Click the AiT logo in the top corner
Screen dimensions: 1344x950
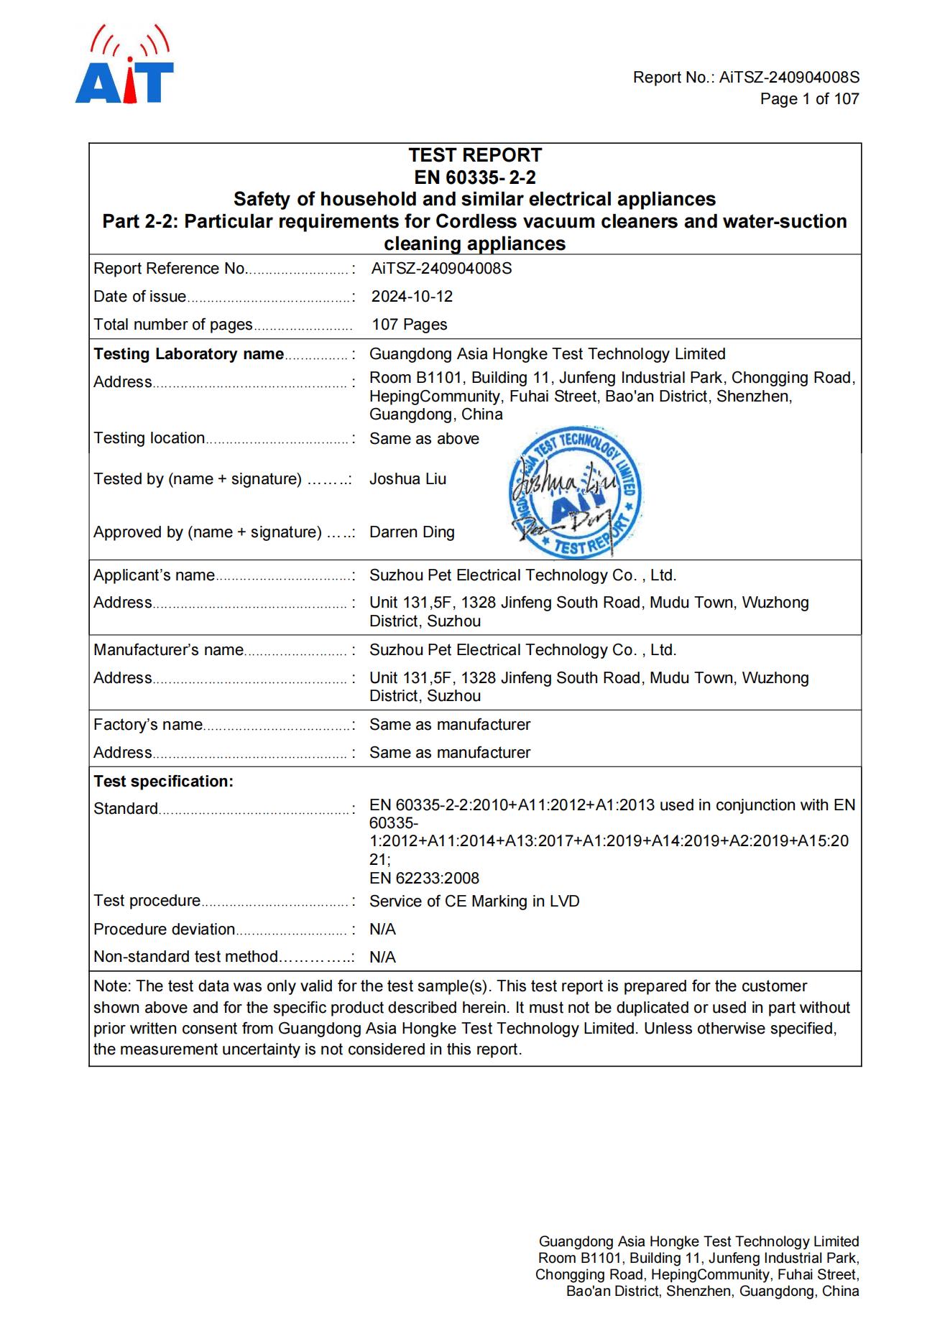click(x=124, y=66)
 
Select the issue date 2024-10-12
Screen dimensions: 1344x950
click(x=412, y=297)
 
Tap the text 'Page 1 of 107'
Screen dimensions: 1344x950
click(x=809, y=99)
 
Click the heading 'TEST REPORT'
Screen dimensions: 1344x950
click(x=475, y=155)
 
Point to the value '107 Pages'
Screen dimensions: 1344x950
click(x=409, y=325)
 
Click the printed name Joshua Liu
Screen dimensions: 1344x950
click(x=407, y=479)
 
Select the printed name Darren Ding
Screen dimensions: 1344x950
click(x=412, y=532)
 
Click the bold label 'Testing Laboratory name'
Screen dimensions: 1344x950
click(x=188, y=354)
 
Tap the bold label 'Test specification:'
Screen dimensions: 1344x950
click(x=163, y=782)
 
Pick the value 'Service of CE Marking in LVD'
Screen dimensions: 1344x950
click(x=474, y=902)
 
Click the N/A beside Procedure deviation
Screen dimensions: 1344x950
click(x=382, y=930)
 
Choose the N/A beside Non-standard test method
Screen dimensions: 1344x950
click(x=382, y=958)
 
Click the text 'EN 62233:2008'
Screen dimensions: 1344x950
click(x=424, y=879)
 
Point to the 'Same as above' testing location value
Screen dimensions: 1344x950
click(x=424, y=439)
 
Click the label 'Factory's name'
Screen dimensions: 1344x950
click(x=148, y=725)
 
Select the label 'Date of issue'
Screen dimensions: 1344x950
click(x=139, y=297)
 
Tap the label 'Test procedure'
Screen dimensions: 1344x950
click(x=147, y=901)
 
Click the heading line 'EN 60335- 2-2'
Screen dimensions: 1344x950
click(x=475, y=177)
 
